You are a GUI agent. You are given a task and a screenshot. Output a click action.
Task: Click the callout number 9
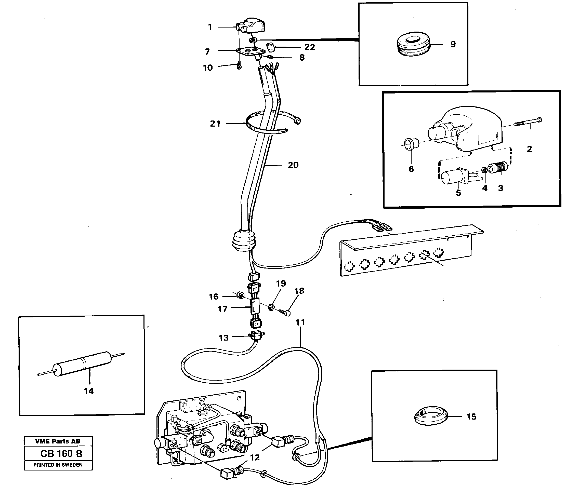[453, 44]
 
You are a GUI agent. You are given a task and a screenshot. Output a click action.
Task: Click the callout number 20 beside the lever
[293, 165]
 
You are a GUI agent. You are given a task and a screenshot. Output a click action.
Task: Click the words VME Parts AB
[58, 441]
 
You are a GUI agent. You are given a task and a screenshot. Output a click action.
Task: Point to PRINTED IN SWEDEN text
[58, 465]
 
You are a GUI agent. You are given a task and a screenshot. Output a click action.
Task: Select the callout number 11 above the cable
[300, 322]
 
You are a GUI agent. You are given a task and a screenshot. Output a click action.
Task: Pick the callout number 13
[223, 338]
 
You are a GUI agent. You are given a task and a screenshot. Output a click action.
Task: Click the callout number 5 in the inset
[458, 193]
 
